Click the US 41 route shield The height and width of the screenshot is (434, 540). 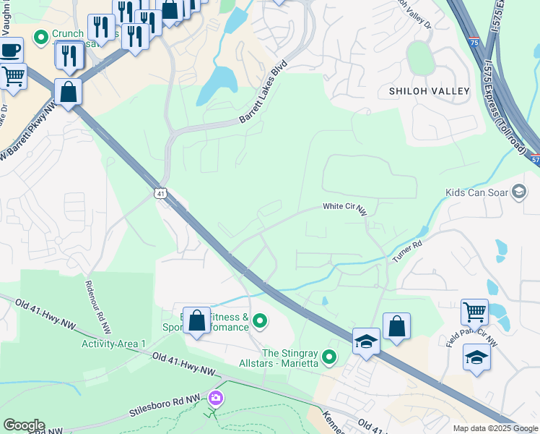[160, 192]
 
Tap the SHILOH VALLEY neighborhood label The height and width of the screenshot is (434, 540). [429, 91]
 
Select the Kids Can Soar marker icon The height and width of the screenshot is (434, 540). [518, 192]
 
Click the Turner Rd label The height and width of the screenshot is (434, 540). [406, 250]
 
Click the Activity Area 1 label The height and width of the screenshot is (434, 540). [113, 343]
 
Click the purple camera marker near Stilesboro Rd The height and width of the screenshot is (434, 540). [215, 398]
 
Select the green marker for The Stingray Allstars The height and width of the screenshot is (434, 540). [330, 356]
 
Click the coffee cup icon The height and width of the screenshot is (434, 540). [10, 51]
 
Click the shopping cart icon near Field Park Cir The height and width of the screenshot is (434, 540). [474, 312]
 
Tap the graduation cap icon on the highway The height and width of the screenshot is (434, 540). [366, 341]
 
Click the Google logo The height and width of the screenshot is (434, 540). [24, 425]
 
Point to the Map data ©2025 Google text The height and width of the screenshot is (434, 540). [494, 428]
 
